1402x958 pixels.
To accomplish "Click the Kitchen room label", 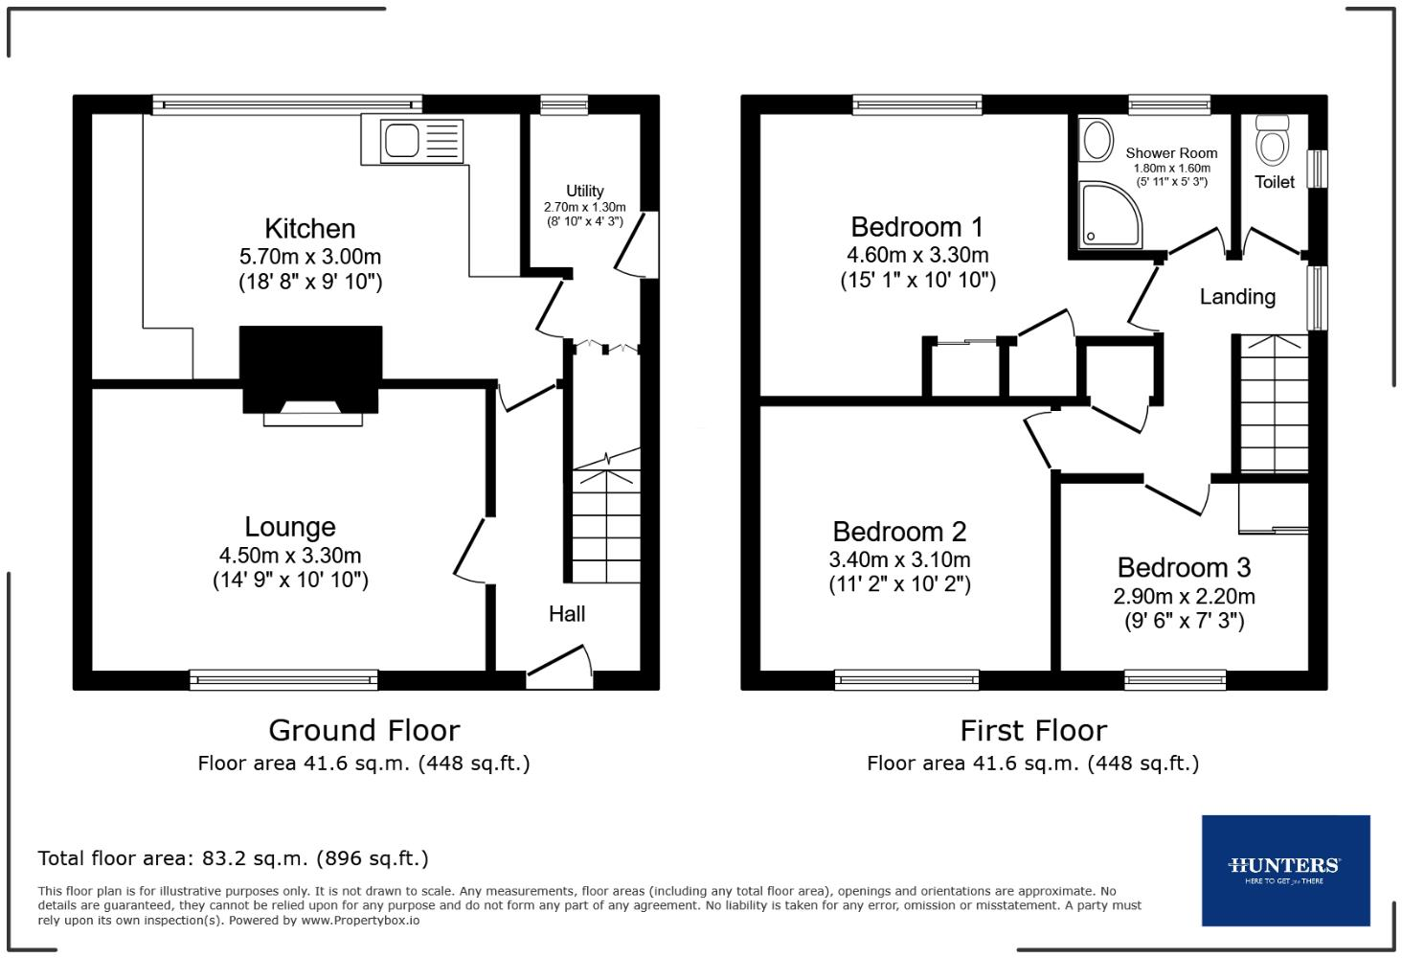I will [x=309, y=229].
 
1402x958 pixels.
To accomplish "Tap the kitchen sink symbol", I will [x=421, y=141].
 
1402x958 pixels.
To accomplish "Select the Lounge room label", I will [x=290, y=527].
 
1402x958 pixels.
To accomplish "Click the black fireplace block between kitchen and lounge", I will [x=310, y=368].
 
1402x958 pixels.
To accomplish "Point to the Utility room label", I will [x=584, y=191].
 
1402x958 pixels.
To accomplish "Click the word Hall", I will [x=567, y=614].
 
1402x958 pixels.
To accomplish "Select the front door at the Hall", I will [x=558, y=668].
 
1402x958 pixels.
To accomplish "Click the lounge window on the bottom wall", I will [x=283, y=680].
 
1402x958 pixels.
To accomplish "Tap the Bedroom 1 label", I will [x=917, y=227].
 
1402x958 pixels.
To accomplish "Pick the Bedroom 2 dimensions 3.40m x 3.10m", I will [x=899, y=559].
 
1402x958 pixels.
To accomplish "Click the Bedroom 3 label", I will [x=1184, y=568].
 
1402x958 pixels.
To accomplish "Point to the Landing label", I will [x=1237, y=297].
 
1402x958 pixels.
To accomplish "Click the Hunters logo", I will [x=1285, y=870].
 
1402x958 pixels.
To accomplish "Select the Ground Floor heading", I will [x=364, y=731].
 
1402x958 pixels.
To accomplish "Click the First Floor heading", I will [x=1033, y=731].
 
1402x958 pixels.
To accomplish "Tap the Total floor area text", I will [x=233, y=858].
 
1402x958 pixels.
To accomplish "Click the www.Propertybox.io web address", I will [x=360, y=921].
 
